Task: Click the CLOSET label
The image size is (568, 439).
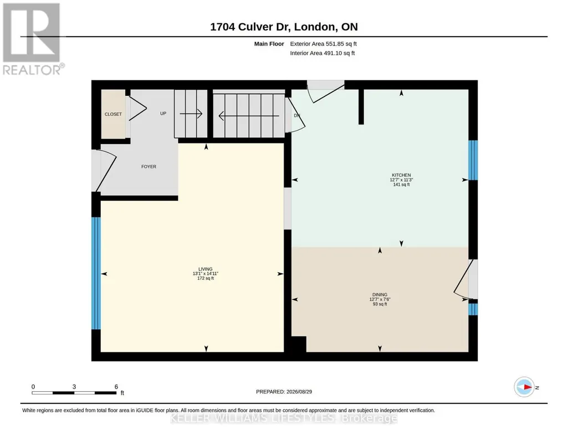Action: pyautogui.click(x=113, y=114)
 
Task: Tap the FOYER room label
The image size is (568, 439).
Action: pyautogui.click(x=149, y=167)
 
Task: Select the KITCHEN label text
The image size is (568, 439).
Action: pyautogui.click(x=401, y=175)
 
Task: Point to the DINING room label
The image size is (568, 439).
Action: pyautogui.click(x=380, y=294)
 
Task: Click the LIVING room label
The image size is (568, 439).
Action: pyautogui.click(x=206, y=269)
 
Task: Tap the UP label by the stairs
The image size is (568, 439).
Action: pyautogui.click(x=163, y=114)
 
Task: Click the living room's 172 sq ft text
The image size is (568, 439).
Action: pyautogui.click(x=206, y=279)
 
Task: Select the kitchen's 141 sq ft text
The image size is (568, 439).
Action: pyautogui.click(x=401, y=185)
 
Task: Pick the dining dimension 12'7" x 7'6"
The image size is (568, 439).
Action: pyautogui.click(x=380, y=299)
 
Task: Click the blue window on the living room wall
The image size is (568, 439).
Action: pyautogui.click(x=96, y=273)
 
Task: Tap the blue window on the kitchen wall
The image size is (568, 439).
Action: pyautogui.click(x=473, y=160)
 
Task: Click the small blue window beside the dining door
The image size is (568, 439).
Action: pyautogui.click(x=473, y=309)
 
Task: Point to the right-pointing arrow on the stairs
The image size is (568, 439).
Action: pyautogui.click(x=191, y=114)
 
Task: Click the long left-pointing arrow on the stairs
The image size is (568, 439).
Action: pyautogui.click(x=249, y=116)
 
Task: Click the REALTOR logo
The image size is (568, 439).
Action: pyautogui.click(x=33, y=39)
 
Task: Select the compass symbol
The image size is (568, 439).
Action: pyautogui.click(x=524, y=387)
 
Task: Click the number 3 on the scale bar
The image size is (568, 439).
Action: pyautogui.click(x=74, y=387)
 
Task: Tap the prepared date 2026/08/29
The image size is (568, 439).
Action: pyautogui.click(x=299, y=391)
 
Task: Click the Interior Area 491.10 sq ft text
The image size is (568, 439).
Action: pyautogui.click(x=323, y=53)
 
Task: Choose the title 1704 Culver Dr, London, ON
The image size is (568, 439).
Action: pyautogui.click(x=284, y=27)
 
